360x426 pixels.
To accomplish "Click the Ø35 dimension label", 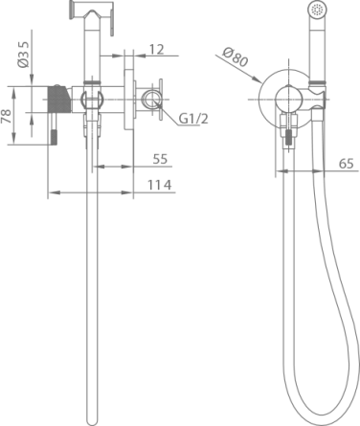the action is tap(24, 55).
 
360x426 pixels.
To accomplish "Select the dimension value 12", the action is tap(156, 50).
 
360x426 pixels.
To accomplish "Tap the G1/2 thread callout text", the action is tap(193, 119).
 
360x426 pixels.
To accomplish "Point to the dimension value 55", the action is tap(160, 159).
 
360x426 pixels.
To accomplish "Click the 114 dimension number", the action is tap(160, 185).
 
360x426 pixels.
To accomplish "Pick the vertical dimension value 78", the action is tap(7, 116).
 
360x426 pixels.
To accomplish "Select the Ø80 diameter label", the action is tap(236, 57).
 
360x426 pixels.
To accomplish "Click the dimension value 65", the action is tap(347, 164).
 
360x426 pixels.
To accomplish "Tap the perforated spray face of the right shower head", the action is tap(317, 10).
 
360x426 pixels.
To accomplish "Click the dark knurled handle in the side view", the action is tap(57, 100).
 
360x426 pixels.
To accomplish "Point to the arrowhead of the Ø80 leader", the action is tap(257, 78).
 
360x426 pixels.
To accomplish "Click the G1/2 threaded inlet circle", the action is tap(151, 99).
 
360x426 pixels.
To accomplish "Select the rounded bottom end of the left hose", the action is tap(92, 422).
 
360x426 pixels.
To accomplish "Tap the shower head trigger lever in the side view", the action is tap(112, 23).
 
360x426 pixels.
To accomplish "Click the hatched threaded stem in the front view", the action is tap(289, 138).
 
